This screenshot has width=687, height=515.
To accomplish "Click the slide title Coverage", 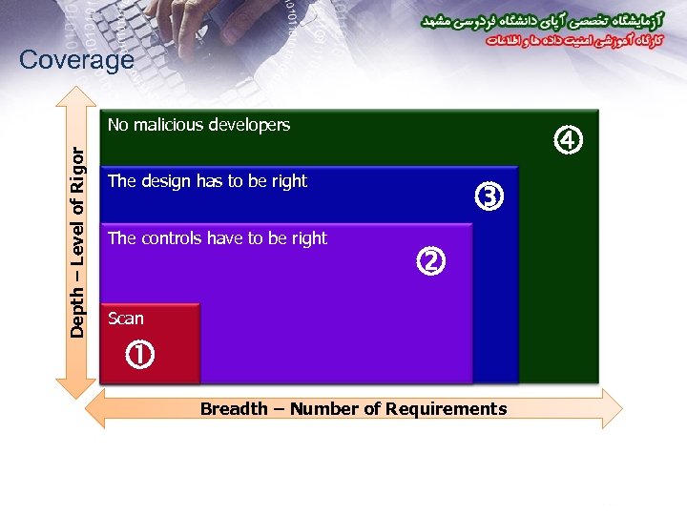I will pyautogui.click(x=76, y=60).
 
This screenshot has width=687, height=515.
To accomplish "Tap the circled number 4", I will pyautogui.click(x=568, y=141).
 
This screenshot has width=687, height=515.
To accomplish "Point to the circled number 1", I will pyautogui.click(x=140, y=357).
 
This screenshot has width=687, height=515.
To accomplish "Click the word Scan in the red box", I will pyautogui.click(x=126, y=319).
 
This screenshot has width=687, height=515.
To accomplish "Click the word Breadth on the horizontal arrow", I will pyautogui.click(x=234, y=409).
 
